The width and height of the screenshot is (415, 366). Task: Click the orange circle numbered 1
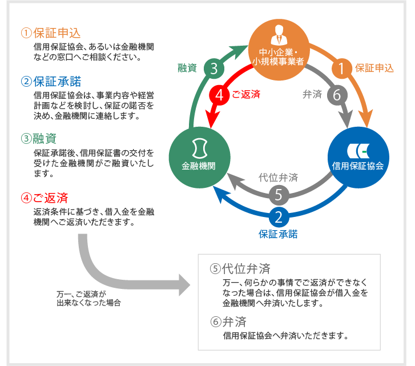click(341, 69)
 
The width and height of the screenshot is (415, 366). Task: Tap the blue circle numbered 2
click(278, 217)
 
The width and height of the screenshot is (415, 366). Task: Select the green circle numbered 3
click(213, 69)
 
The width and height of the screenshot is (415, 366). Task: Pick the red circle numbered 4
click(219, 95)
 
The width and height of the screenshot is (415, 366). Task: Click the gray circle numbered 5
click(278, 195)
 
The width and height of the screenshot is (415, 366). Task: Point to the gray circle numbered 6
click(336, 95)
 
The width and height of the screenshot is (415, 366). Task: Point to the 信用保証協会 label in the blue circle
click(358, 166)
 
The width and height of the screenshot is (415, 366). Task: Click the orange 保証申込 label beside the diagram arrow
click(374, 69)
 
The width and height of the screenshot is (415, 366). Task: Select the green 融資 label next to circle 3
click(187, 69)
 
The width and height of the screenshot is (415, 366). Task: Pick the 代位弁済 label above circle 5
click(278, 178)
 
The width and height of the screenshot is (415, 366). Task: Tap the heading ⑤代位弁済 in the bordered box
click(240, 268)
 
